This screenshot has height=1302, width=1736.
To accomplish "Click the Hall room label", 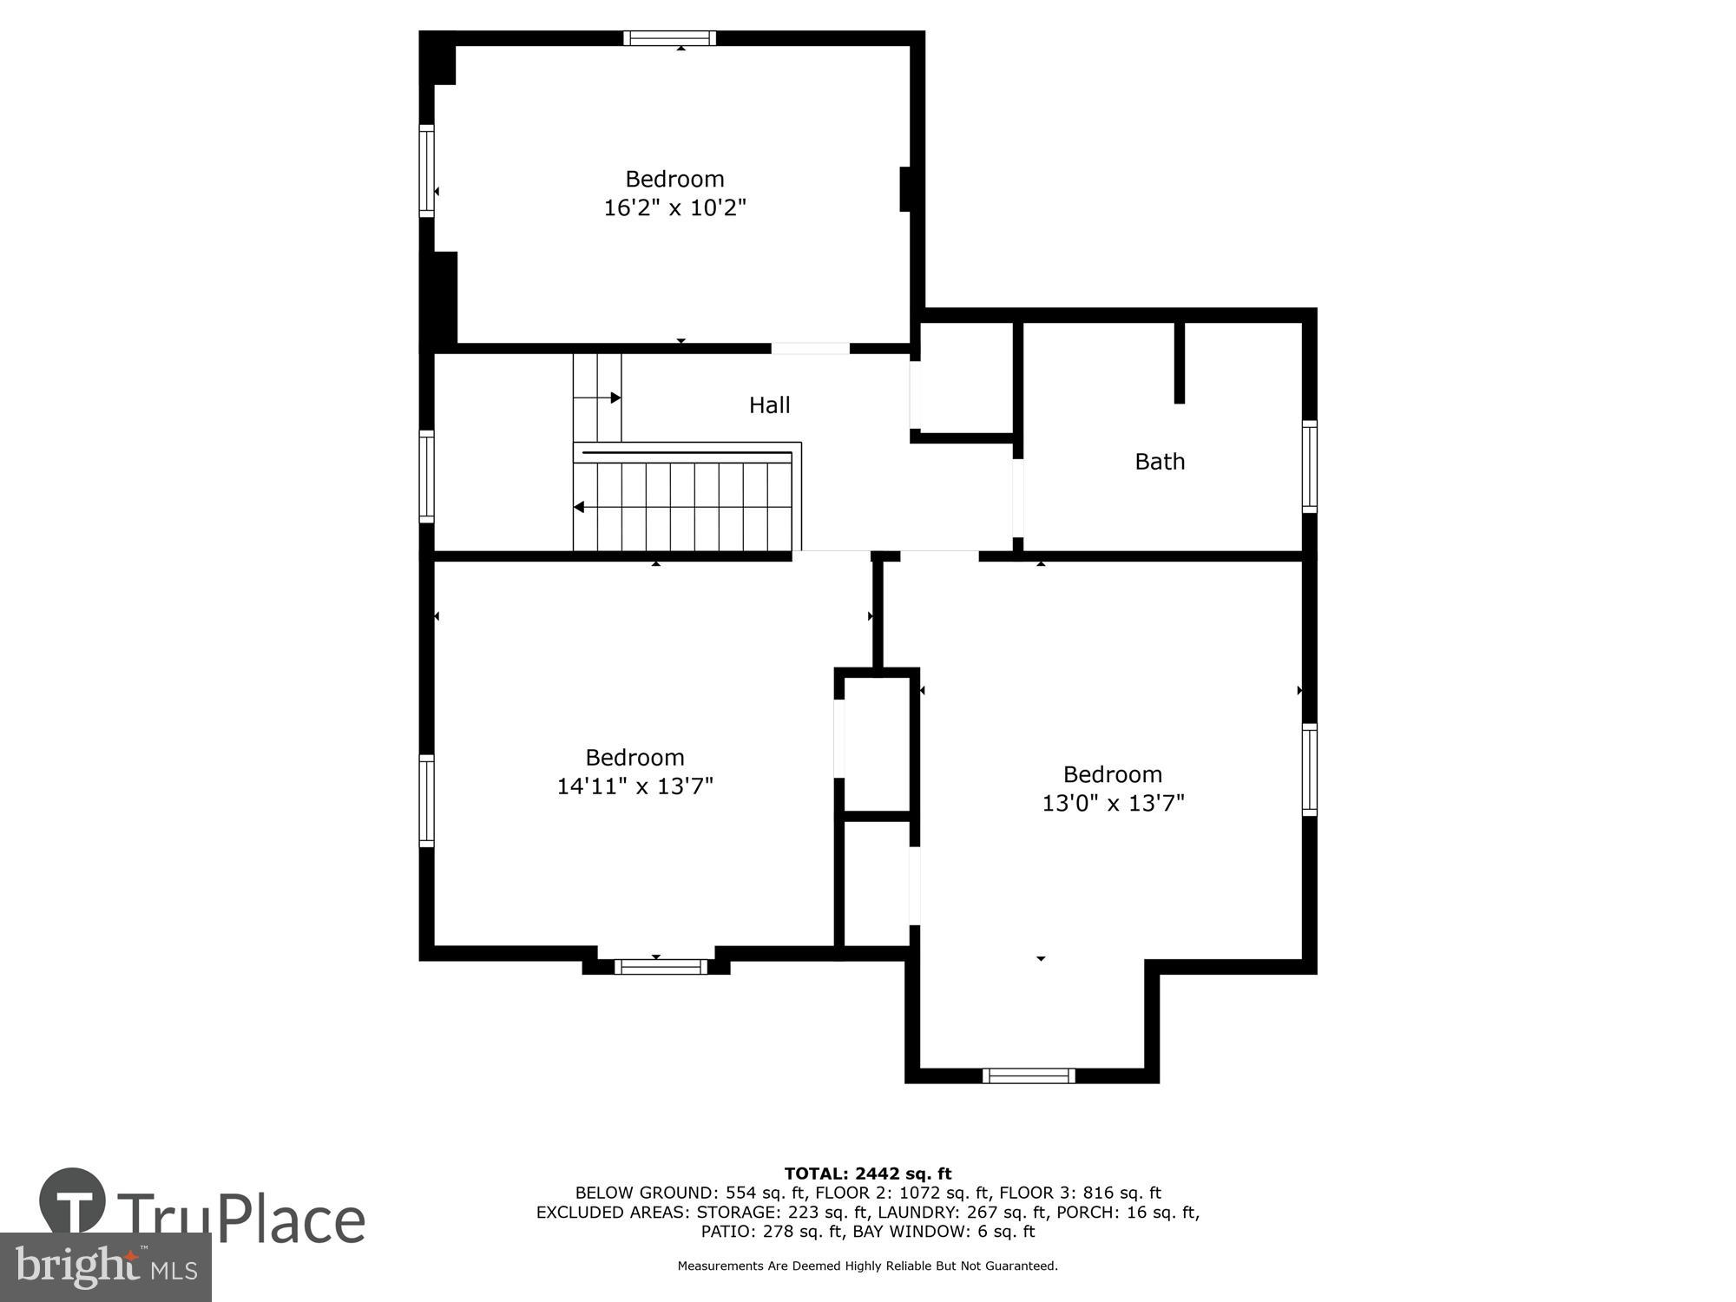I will (769, 405).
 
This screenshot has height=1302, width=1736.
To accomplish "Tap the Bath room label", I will (1160, 462).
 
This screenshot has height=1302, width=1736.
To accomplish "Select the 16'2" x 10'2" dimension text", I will (674, 208).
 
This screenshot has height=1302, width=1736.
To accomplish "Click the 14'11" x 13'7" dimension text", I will (635, 786).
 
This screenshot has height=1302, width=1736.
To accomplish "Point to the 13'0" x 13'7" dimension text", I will (1113, 804).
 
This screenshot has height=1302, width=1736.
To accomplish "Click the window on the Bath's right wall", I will (1310, 467).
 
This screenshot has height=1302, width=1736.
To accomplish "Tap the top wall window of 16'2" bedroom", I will (669, 38).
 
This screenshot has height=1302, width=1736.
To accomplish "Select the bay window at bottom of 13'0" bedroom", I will (1029, 1075).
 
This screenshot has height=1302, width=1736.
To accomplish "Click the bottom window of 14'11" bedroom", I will (661, 966).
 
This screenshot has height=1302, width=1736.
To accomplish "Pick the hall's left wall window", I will (426, 477).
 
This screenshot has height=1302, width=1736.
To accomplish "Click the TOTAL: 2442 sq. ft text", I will (867, 1174).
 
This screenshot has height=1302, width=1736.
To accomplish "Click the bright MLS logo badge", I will (106, 1267).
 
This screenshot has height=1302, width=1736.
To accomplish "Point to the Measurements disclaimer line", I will (867, 1266).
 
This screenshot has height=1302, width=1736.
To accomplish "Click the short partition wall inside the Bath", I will (1179, 363).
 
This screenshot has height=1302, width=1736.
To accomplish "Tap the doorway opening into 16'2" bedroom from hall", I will (810, 349).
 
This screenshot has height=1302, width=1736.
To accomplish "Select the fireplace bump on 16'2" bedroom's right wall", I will (904, 188).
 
